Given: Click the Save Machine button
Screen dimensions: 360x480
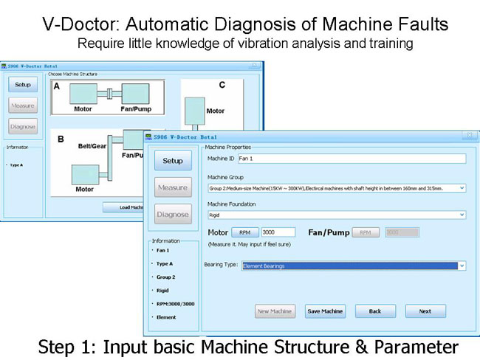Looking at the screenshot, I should click(x=326, y=311).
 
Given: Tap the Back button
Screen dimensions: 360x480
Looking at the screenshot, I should click(x=375, y=311).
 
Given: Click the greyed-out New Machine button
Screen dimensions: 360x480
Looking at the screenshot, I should click(x=275, y=311).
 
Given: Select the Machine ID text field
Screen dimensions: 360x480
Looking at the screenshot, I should click(x=352, y=159).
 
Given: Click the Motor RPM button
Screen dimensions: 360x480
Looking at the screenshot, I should click(x=244, y=232).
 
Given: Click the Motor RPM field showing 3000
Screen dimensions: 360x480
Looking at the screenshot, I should click(x=278, y=232).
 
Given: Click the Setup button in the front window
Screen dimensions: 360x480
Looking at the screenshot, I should click(x=172, y=161).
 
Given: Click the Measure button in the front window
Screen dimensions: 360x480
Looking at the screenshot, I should click(x=172, y=188).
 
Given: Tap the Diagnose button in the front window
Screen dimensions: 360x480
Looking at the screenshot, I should click(x=172, y=215).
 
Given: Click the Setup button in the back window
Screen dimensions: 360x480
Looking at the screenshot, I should click(x=23, y=85).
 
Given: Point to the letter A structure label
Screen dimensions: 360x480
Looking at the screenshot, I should click(x=56, y=86).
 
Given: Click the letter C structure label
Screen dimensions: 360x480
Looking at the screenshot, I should click(x=221, y=85).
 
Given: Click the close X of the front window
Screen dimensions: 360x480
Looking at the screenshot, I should click(x=468, y=136).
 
